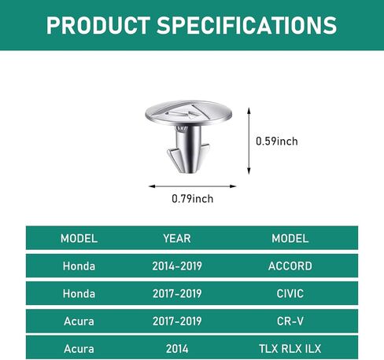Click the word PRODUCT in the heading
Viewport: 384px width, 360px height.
98,25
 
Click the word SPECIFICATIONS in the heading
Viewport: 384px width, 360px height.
246,25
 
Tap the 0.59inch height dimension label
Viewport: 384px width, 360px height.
277,141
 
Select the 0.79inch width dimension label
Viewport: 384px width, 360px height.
193,199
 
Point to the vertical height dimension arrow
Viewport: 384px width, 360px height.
249,141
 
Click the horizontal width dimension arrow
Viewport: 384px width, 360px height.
192,186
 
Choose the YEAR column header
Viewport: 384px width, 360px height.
177,238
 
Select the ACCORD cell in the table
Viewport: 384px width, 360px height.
290,266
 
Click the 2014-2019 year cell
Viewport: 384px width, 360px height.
177,266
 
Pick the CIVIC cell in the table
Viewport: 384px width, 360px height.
290,294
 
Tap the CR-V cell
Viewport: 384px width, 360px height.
290,321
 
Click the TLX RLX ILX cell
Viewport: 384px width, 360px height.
290,349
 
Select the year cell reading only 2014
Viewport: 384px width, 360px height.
177,349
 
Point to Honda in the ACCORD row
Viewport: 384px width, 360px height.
79,266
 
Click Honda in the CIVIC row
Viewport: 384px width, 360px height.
79,294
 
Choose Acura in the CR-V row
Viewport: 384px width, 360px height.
79,321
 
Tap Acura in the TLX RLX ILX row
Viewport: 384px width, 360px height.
79,349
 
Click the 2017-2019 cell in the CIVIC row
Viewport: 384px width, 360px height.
177,294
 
